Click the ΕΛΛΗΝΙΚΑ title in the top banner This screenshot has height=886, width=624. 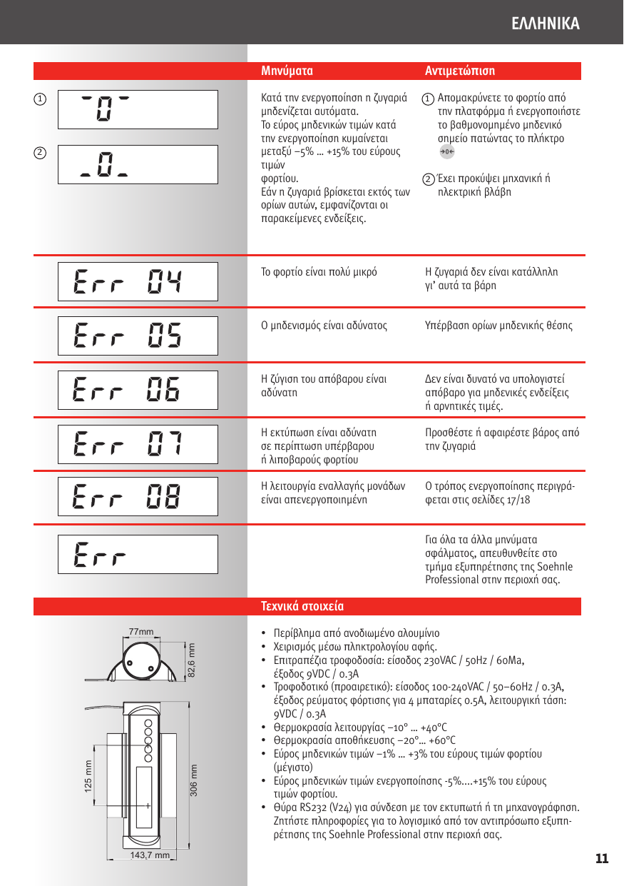coord(546,24)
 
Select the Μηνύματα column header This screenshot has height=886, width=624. coord(287,71)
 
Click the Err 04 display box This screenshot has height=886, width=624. coord(138,281)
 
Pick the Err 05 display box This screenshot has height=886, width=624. coord(138,336)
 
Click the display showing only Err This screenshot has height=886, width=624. coord(138,554)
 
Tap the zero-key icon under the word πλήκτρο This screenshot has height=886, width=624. coord(446,151)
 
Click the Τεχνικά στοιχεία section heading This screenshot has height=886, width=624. coord(302,607)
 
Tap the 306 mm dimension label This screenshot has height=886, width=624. coord(193,780)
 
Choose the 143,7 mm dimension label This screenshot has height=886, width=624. coord(150,855)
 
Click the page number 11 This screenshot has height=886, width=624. coord(602,858)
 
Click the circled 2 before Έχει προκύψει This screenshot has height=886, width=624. coord(428,179)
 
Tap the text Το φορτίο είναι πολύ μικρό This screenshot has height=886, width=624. coord(319,272)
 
